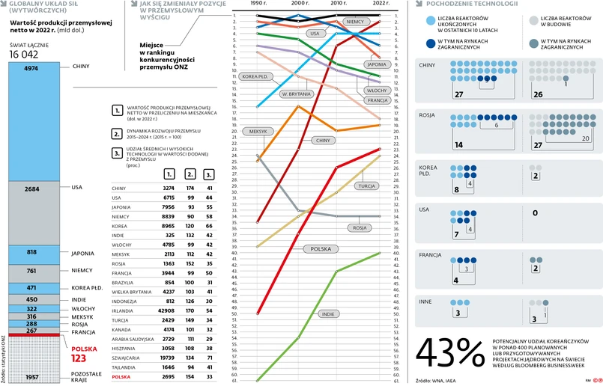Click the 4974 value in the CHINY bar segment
(31, 68)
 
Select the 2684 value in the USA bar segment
(31, 189)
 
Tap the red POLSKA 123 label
(84, 355)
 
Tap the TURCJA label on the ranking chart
(366, 186)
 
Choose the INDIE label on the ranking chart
(327, 314)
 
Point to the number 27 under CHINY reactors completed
(459, 95)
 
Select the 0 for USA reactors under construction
(535, 213)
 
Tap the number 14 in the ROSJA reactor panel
(459, 145)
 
